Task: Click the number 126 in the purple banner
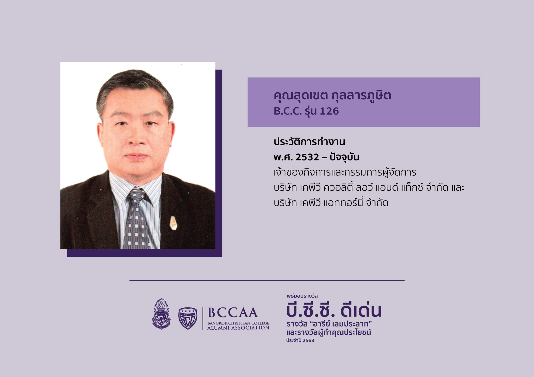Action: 329,111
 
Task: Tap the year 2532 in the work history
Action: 307,157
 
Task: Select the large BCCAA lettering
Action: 233,313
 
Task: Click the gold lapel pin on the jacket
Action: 173,223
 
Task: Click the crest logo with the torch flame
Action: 161,314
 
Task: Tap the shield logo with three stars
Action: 187,318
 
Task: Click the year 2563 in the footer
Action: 308,341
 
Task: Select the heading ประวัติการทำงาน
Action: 309,142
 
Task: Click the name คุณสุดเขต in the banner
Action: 301,96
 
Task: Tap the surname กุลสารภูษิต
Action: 361,96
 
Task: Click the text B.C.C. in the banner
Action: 288,111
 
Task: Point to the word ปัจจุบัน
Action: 344,157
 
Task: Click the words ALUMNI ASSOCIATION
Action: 238,328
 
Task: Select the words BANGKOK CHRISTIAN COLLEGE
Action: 238,323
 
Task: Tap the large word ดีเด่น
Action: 361,310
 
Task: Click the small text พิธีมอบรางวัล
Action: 302,296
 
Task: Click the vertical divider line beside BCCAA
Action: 203,318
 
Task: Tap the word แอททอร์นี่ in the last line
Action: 343,203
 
